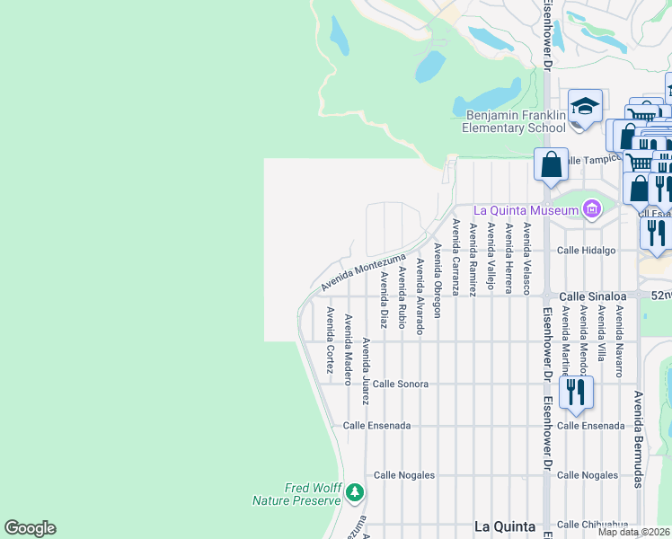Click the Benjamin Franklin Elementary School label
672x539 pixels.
515,121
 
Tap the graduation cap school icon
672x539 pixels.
585,108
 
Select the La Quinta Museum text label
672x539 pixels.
533,211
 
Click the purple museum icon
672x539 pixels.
591,210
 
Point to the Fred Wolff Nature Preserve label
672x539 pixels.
312,494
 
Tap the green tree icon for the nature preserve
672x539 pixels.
356,493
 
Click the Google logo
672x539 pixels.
30,528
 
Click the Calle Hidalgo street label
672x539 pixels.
586,251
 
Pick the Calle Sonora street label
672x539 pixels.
401,384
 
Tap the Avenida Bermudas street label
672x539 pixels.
638,439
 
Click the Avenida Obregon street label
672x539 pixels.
438,279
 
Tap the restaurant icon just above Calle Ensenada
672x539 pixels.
575,393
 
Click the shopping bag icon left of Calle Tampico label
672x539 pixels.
551,165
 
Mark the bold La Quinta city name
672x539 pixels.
504,526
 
